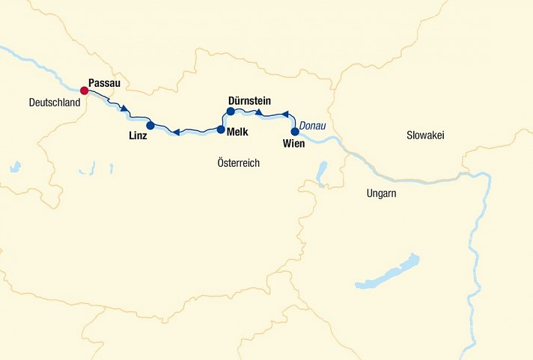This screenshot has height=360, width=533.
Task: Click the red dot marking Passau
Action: (85, 91)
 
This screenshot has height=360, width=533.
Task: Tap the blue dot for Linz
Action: (150, 125)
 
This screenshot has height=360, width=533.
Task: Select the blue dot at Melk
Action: (221, 129)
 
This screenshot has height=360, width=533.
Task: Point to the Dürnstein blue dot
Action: (231, 112)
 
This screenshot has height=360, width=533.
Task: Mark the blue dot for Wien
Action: (294, 132)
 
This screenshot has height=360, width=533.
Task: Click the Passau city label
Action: (104, 82)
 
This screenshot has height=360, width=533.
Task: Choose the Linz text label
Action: (138, 136)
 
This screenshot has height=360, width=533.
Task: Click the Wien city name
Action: (294, 144)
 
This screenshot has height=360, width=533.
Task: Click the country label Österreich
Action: (238, 162)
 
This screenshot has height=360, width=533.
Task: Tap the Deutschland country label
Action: (54, 103)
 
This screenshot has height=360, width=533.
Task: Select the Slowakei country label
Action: (426, 135)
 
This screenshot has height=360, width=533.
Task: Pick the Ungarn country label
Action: (381, 193)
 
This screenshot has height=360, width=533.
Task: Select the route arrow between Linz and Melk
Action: (175, 132)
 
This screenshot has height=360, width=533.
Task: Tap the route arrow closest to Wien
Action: (284, 115)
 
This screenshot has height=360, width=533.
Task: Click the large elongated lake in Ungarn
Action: (389, 272)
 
